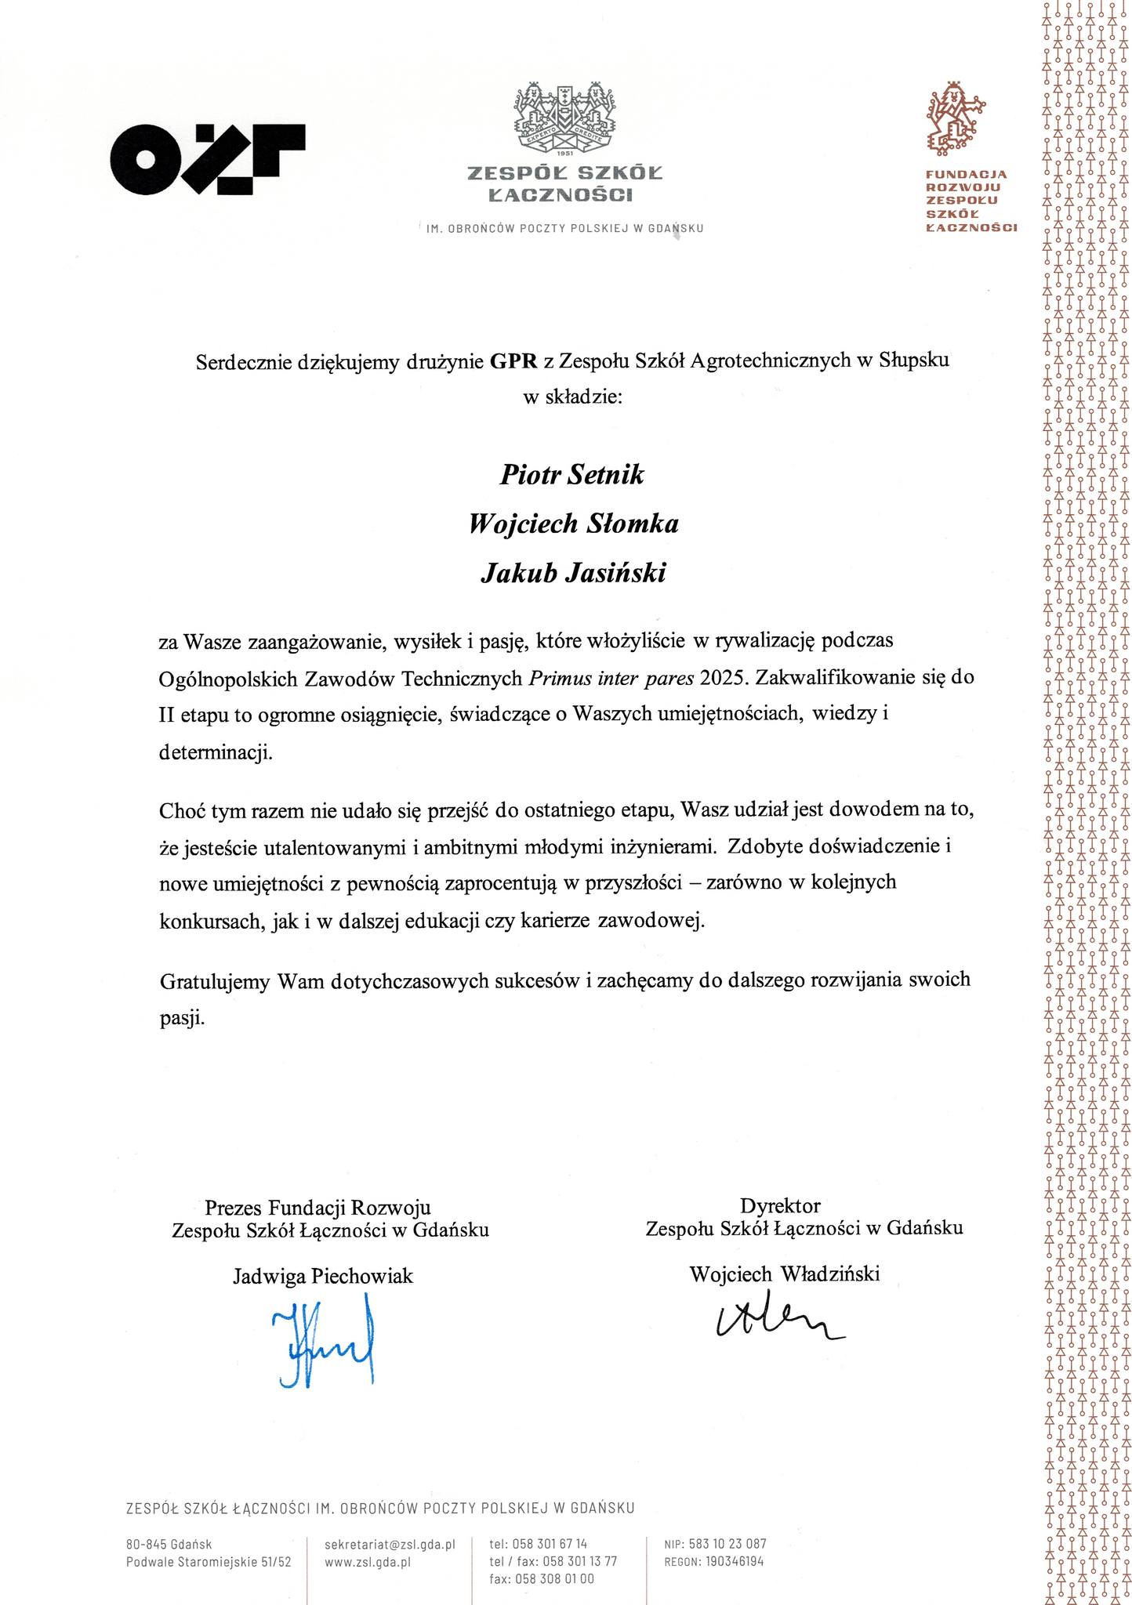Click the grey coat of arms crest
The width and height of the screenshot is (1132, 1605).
[x=564, y=118]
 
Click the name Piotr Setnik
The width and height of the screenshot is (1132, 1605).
[x=571, y=475]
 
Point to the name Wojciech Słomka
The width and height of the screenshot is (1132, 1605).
[x=572, y=524]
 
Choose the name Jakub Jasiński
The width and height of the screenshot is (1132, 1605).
[x=572, y=573]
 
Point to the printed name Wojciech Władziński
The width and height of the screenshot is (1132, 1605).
[x=785, y=1273]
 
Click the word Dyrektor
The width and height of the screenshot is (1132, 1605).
[x=780, y=1205]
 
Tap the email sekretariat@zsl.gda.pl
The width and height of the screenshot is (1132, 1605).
[x=390, y=1544]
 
